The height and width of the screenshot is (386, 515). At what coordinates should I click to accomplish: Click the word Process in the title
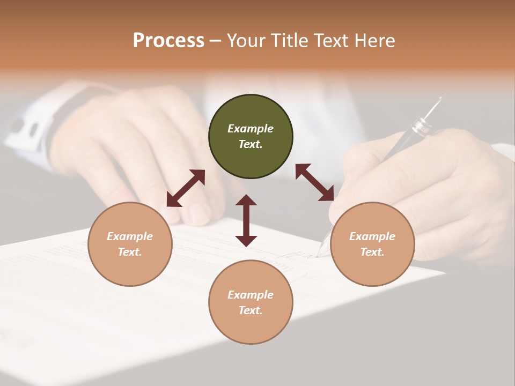[x=168, y=41]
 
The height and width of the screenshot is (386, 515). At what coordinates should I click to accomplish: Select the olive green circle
[x=251, y=136]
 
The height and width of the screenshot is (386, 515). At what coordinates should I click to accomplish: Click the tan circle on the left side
[x=130, y=244]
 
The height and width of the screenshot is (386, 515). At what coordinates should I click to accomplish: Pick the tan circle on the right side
[x=372, y=244]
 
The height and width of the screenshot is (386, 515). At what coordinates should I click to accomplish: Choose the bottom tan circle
[x=251, y=302]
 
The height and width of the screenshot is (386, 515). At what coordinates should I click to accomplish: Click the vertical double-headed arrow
[x=246, y=220]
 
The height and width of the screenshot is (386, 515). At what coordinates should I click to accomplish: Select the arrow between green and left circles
[x=186, y=188]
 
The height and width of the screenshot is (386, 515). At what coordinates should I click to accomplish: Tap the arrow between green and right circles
[x=315, y=182]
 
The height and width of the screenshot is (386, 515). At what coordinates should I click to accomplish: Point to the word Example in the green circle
[x=251, y=129]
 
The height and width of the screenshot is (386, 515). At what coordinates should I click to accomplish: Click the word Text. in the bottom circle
[x=251, y=310]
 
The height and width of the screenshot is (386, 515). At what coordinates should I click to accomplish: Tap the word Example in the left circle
[x=130, y=236]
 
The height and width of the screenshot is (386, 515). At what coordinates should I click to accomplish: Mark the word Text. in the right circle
[x=372, y=252]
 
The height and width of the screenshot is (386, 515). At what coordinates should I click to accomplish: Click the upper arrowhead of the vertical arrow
[x=246, y=200]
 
